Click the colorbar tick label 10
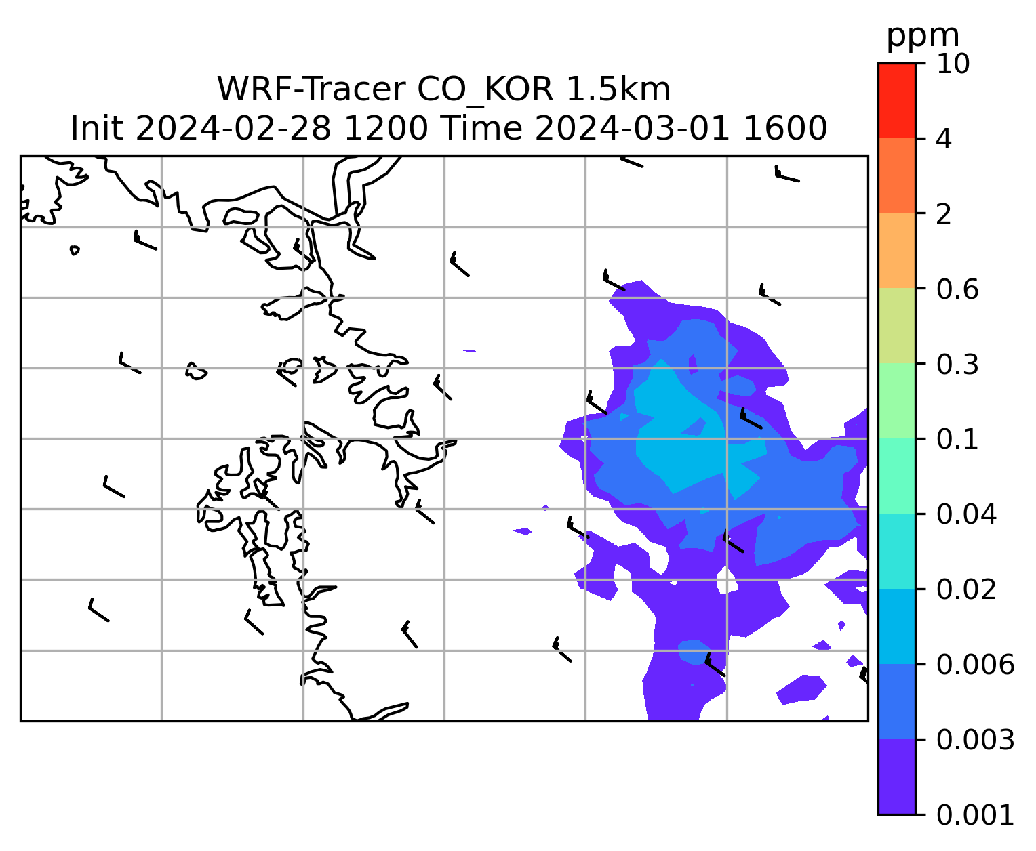point(953,64)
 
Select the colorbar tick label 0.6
point(957,289)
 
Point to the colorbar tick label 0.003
point(975,739)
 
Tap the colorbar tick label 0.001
point(975,815)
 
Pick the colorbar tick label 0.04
point(966,514)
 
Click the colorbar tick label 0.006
point(975,665)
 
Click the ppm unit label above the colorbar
point(923,37)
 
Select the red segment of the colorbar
point(896,100)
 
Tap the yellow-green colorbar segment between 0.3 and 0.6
point(896,325)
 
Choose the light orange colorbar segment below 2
point(896,250)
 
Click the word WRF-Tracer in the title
point(311,89)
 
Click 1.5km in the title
point(618,89)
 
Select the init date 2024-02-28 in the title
point(233,128)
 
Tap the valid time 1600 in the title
point(785,128)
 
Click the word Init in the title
point(97,128)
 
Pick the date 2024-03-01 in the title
point(632,128)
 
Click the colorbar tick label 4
point(944,139)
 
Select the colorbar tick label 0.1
point(957,439)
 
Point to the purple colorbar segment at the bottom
point(896,777)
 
